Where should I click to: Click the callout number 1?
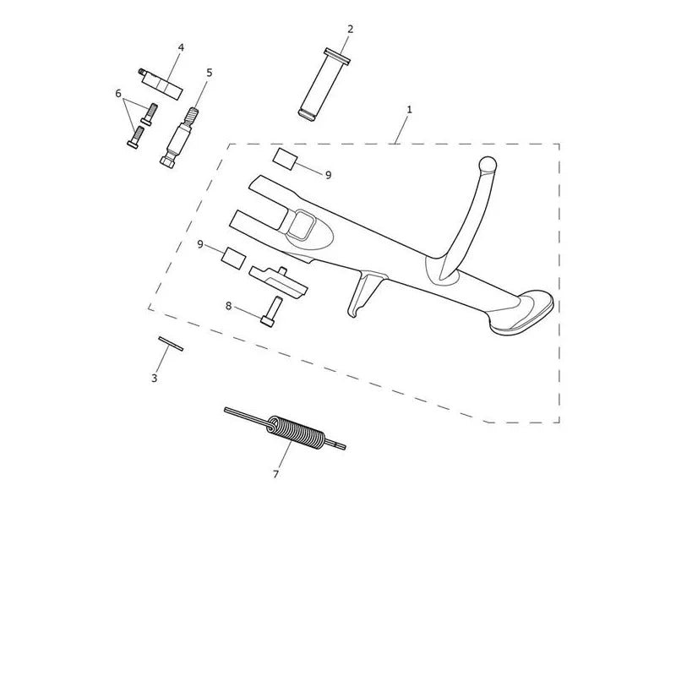(x=409, y=110)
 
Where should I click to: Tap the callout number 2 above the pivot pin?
(x=350, y=29)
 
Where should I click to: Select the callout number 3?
(x=154, y=379)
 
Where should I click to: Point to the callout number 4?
(x=181, y=47)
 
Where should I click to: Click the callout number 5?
(x=210, y=73)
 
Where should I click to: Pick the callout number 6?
(x=118, y=94)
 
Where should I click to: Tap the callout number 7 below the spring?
(x=276, y=474)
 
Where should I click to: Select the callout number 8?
(x=228, y=306)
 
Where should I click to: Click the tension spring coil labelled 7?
(x=296, y=430)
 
